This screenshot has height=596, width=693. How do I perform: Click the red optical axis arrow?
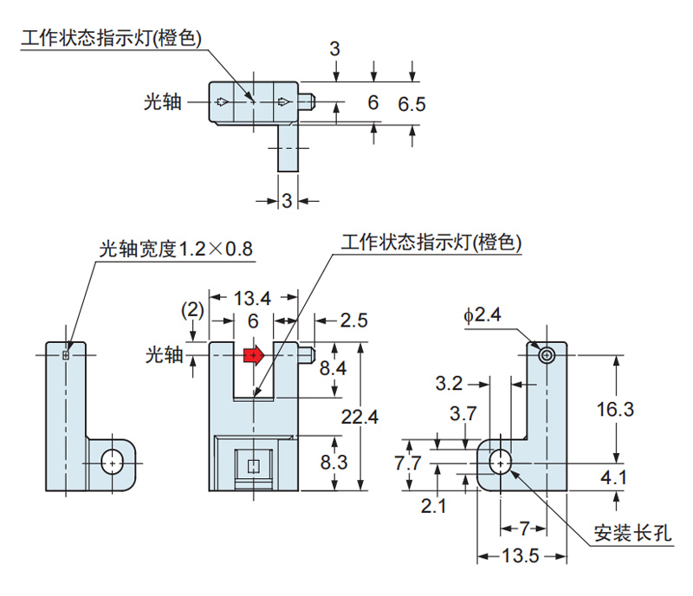pyautogui.click(x=253, y=354)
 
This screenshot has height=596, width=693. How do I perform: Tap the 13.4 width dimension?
pyautogui.click(x=253, y=298)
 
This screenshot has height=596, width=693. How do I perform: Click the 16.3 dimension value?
pyautogui.click(x=616, y=409)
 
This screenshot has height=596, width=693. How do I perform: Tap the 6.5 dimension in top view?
pyautogui.click(x=412, y=104)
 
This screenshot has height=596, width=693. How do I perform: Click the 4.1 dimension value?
pyautogui.click(x=616, y=476)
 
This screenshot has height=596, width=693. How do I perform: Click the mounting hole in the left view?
pyautogui.click(x=111, y=463)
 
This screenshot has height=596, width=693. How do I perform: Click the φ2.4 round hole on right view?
pyautogui.click(x=547, y=355)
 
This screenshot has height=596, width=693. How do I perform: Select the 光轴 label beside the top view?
pyautogui.click(x=163, y=102)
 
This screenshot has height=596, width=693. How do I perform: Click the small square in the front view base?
pyautogui.click(x=253, y=466)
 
